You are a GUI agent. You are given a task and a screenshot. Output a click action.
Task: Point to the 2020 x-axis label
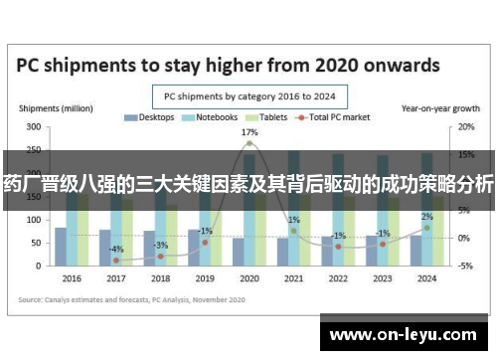248,277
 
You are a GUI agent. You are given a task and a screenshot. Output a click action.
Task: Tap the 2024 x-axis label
426,277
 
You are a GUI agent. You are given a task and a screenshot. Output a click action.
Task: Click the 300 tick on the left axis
33,127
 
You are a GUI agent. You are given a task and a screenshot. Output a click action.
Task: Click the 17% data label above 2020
248,132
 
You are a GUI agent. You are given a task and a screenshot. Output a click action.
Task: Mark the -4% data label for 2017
116,249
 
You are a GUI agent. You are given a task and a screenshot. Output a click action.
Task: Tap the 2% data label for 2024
426,217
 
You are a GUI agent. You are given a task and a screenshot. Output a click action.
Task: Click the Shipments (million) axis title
46,106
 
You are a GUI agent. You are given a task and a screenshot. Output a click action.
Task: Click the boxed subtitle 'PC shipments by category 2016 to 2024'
248,96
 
